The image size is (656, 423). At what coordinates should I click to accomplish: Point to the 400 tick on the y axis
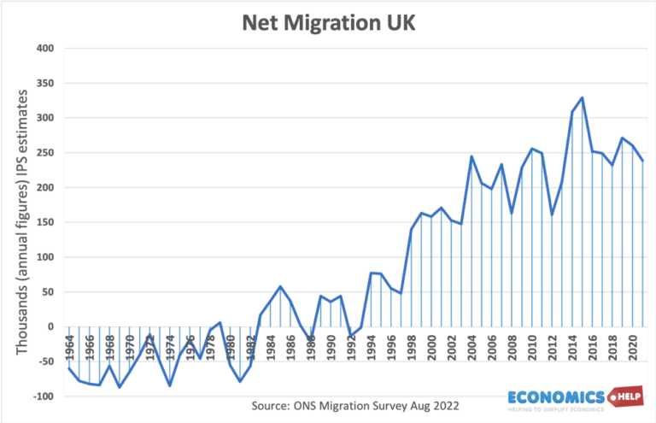click(44, 49)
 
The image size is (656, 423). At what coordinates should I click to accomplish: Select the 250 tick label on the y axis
click(44, 153)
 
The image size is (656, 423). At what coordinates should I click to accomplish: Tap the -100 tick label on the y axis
click(42, 397)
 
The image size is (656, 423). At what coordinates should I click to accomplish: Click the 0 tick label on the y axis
click(51, 326)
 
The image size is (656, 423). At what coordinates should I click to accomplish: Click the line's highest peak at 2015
click(582, 97)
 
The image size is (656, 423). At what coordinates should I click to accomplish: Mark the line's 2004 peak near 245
click(471, 156)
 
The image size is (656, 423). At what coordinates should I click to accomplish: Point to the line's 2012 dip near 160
click(552, 214)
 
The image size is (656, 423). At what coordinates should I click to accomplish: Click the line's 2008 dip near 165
click(512, 212)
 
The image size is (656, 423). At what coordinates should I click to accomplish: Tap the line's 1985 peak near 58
click(280, 286)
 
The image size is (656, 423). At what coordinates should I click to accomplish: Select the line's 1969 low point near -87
click(120, 387)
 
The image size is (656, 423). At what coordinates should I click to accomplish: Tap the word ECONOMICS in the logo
click(556, 397)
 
